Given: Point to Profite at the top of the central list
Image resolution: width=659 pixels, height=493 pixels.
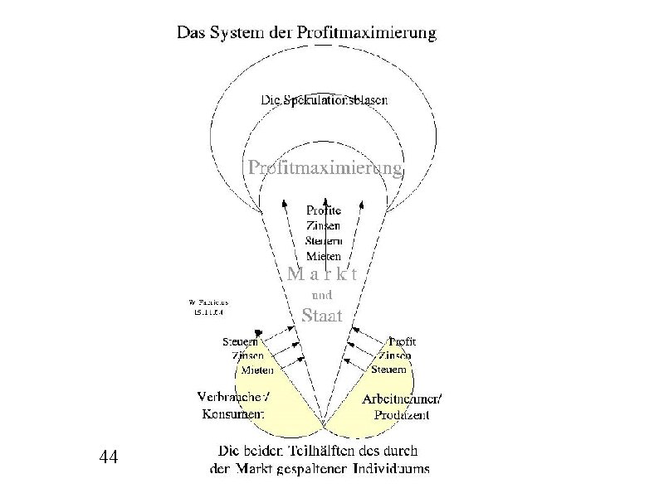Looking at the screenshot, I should coord(324,210).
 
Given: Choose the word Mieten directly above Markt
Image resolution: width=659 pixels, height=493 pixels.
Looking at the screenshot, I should coord(324,256).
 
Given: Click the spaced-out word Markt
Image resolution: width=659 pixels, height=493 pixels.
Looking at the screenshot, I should coord(322,274).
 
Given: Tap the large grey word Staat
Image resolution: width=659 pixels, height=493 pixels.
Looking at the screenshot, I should coord(321,315).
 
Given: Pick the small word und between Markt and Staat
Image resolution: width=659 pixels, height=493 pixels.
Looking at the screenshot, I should coord(321,294).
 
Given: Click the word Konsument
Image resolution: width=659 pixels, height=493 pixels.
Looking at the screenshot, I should coord(233,413).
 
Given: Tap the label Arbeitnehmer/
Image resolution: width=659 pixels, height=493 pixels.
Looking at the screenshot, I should coord(403,399).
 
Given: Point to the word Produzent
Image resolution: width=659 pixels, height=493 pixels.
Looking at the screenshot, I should coord(402,415).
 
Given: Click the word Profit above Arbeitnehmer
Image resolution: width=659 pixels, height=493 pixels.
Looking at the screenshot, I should coord(403,341).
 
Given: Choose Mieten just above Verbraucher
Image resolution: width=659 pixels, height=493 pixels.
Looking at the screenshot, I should coord(258,370).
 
